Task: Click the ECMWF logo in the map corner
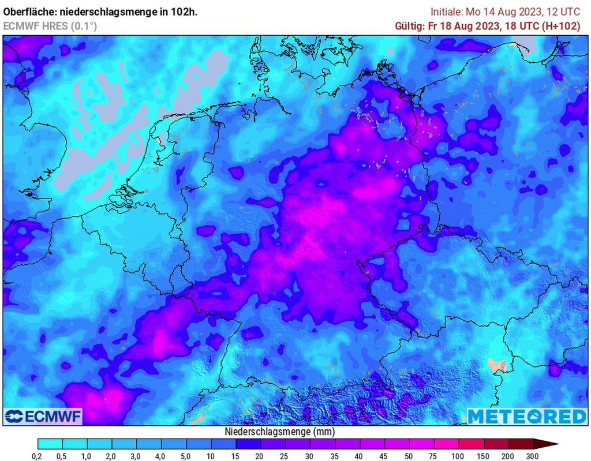(x=43, y=416)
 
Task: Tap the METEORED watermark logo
(x=526, y=417)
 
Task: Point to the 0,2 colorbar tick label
(x=38, y=456)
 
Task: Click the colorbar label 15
(x=236, y=456)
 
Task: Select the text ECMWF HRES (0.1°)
(x=50, y=26)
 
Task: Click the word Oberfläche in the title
(x=29, y=12)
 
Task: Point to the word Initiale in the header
(x=447, y=12)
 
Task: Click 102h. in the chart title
(x=185, y=12)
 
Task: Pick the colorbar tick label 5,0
(x=186, y=456)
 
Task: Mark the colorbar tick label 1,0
(x=87, y=456)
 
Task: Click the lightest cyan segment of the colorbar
(x=50, y=444)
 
